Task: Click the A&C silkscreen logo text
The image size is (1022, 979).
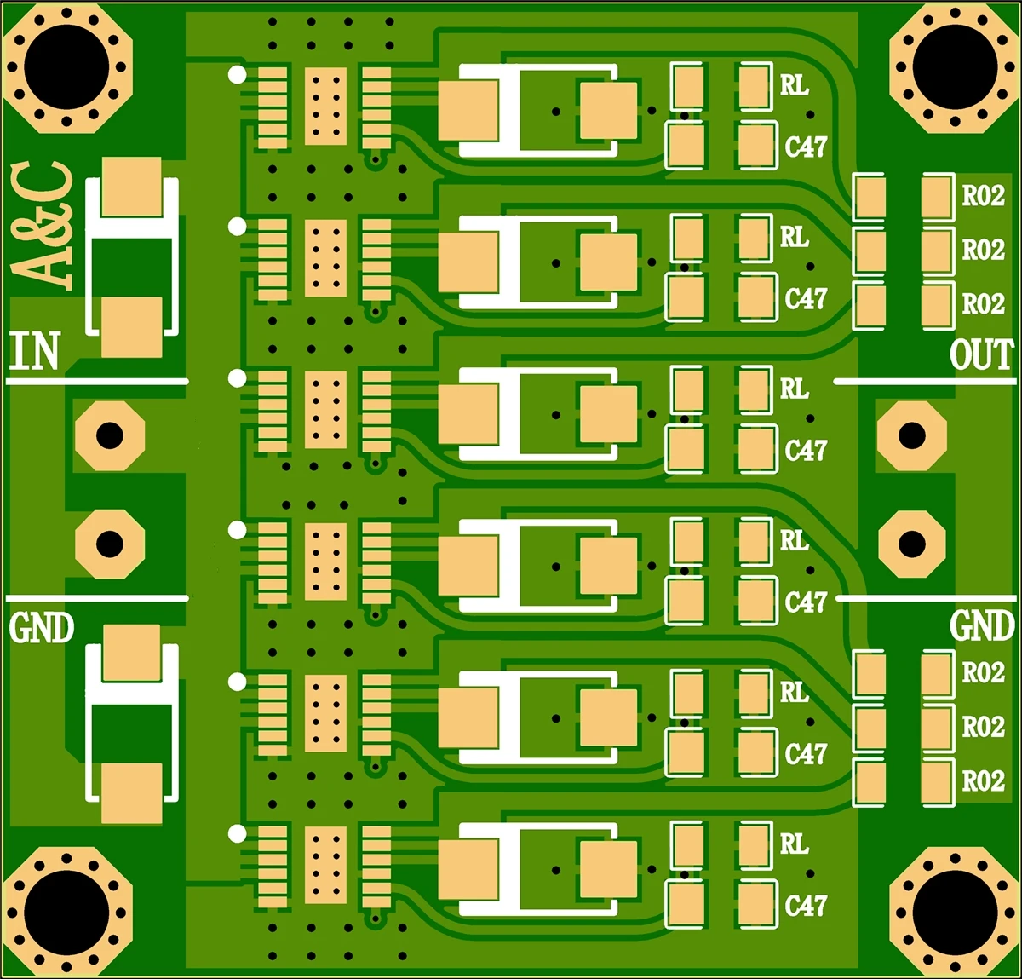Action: pos(43,226)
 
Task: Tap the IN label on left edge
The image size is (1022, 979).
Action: pos(34,352)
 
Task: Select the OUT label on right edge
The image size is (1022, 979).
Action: pos(981,354)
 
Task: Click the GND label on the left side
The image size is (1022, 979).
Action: pos(42,628)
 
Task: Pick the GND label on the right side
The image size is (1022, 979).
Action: pos(981,626)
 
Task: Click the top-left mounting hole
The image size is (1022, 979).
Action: pos(67,67)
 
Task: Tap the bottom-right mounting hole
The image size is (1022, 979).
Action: pos(954,912)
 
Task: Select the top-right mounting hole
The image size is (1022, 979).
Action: pos(954,67)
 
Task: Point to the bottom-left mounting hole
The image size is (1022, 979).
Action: pos(67,912)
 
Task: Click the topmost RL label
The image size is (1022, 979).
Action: pos(794,85)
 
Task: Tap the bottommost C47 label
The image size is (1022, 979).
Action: pos(806,905)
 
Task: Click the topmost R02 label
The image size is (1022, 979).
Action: pos(983,196)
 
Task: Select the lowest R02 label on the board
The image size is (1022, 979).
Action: pos(983,780)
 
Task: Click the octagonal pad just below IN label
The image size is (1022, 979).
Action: pos(109,435)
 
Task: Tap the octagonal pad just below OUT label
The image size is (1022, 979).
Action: pos(911,435)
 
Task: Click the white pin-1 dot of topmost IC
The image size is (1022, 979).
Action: pos(237,75)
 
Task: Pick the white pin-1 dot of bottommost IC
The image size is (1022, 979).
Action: pos(237,833)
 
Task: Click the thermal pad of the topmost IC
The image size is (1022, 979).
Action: pos(325,106)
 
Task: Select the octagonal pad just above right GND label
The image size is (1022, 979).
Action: pos(911,544)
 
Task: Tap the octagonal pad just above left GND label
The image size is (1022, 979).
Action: pos(109,544)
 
